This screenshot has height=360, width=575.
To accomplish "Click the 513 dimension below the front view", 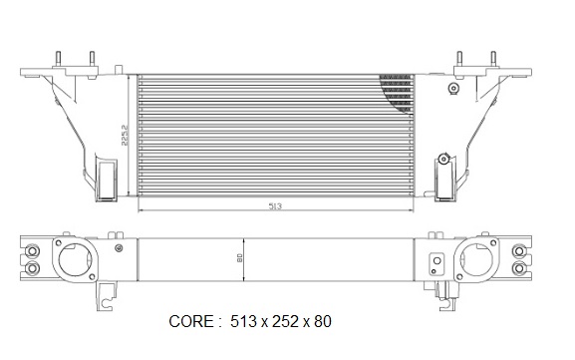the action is coord(275,206).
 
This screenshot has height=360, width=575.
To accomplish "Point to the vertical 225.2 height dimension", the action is coord(125,135).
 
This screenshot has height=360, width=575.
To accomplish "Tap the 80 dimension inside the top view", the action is coord(240,257).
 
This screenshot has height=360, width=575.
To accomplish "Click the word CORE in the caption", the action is coord(190,321).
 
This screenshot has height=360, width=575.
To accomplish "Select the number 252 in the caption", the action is coord(285,321).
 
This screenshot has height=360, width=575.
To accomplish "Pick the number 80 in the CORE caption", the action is coord(323,321).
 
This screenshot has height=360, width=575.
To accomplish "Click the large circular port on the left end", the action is coord(75,260).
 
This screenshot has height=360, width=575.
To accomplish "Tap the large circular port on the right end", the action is coord(475,260).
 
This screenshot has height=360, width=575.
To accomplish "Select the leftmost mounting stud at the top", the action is coord(58,59).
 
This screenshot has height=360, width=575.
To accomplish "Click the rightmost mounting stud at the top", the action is coord(493,59).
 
